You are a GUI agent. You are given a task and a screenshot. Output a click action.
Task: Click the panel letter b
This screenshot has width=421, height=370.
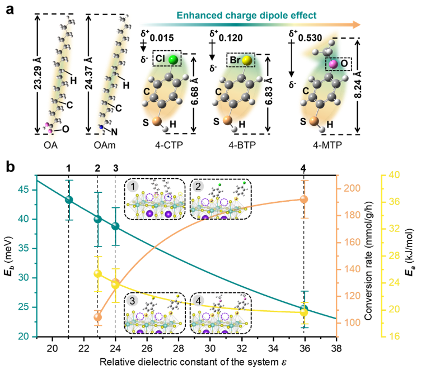(10, 165)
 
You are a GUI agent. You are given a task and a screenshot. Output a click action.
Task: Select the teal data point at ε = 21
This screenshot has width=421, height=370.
(69, 200)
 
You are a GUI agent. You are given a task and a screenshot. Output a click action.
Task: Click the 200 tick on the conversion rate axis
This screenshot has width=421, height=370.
(349, 189)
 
